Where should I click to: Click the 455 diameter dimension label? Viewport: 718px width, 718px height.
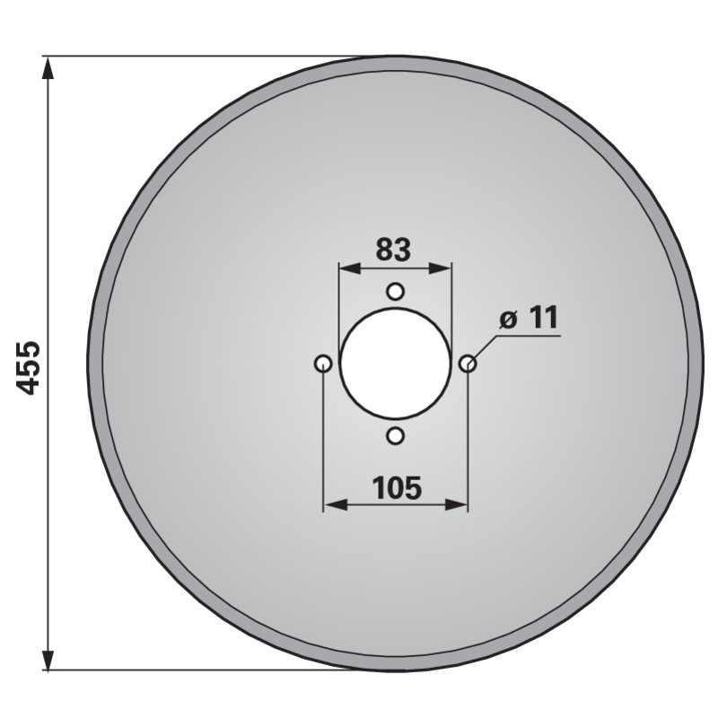pyautogui.click(x=28, y=367)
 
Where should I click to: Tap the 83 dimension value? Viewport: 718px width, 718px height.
pyautogui.click(x=393, y=250)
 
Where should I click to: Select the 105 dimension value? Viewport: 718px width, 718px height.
pyautogui.click(x=397, y=487)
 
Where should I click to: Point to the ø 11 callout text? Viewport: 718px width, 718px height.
pyautogui.click(x=529, y=318)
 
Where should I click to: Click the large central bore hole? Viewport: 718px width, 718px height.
pyautogui.click(x=396, y=363)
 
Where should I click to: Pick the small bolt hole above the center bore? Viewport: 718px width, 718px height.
pyautogui.click(x=395, y=291)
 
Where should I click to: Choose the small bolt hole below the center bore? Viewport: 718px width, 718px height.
pyautogui.click(x=396, y=436)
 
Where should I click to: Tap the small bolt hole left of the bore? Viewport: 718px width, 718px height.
pyautogui.click(x=323, y=363)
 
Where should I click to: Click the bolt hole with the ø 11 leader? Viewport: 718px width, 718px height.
pyautogui.click(x=468, y=363)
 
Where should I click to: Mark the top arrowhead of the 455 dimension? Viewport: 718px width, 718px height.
pyautogui.click(x=48, y=69)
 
